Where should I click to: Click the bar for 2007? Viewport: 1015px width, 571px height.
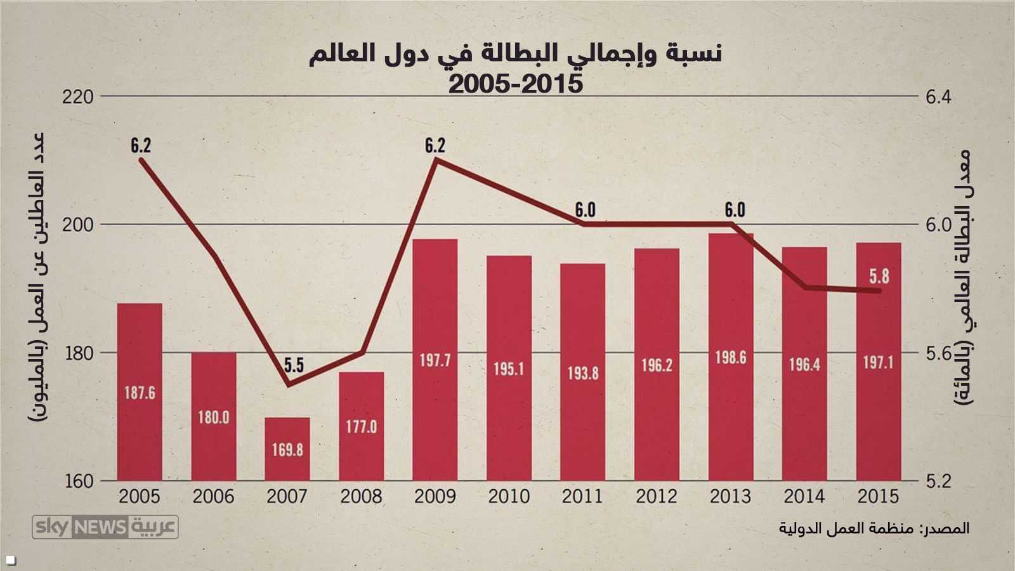287,449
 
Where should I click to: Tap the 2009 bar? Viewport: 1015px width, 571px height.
435,360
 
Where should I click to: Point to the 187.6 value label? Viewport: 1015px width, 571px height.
140,393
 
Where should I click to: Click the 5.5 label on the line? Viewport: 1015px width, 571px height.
294,365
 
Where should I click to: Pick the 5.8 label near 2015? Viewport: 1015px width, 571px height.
879,276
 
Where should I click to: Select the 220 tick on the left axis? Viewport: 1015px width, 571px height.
79,97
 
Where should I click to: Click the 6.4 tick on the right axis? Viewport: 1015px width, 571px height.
938,98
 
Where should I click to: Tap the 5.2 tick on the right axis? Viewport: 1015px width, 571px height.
938,482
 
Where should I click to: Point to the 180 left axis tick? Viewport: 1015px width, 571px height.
79,353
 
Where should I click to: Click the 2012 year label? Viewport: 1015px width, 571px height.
657,496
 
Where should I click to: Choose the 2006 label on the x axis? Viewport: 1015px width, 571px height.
214,496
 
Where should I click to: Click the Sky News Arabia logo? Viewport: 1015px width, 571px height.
105,527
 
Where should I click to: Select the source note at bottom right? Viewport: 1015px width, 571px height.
874,528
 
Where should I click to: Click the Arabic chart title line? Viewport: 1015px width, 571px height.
515,55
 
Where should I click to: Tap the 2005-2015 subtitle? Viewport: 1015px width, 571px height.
515,83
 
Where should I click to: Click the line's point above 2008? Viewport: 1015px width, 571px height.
362,352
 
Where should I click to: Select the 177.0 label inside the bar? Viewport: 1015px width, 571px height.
362,426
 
